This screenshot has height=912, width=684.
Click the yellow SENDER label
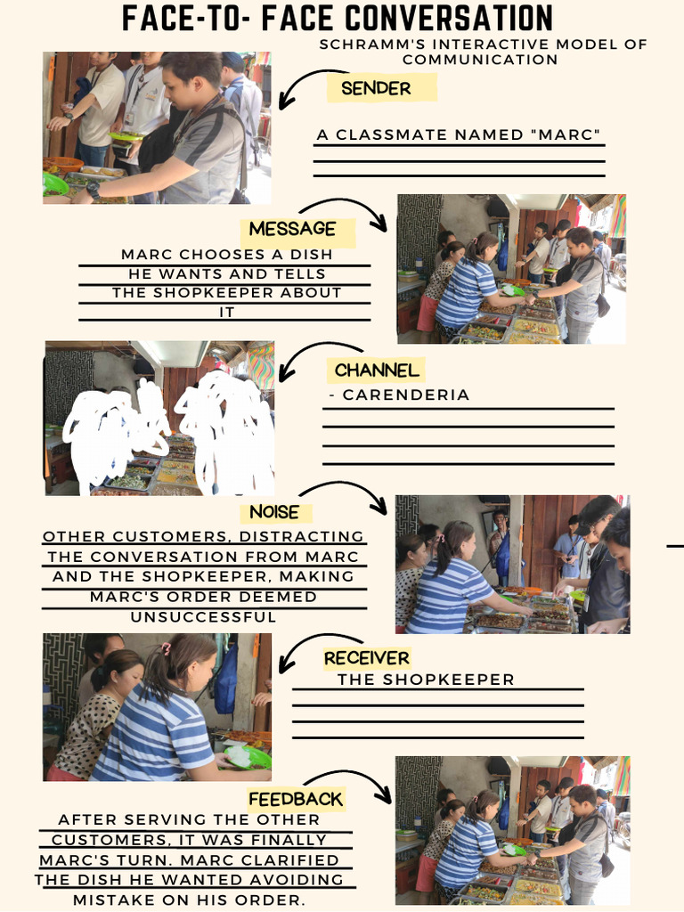pos(376,88)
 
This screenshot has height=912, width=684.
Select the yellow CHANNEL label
pos(376,370)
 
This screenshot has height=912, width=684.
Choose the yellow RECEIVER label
pos(366,658)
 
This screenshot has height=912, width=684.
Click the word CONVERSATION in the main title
pos(449,18)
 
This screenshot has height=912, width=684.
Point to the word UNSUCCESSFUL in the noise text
pos(204,616)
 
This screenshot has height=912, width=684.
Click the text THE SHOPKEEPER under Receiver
pos(426,680)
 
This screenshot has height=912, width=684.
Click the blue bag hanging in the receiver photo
pos(226,680)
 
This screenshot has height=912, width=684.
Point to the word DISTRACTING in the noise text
pos(301,537)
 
